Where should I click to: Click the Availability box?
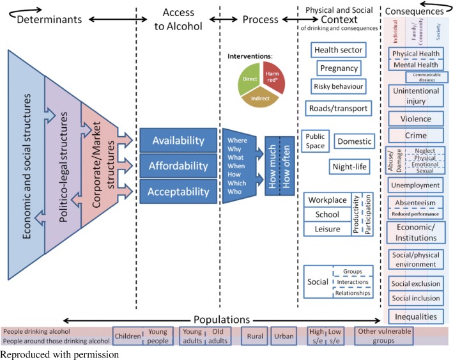[x=178, y=141]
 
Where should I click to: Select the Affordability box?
[x=178, y=166]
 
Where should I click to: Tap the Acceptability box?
[x=178, y=191]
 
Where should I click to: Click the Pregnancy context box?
[x=339, y=68]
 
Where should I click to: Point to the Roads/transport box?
[x=338, y=108]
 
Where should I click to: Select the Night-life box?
[x=349, y=167]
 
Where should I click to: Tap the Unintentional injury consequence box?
[x=415, y=97]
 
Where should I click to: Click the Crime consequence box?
[x=415, y=136]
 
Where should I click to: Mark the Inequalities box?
[x=415, y=316]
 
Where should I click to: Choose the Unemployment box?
[x=415, y=185]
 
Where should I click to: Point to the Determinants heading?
[x=49, y=19]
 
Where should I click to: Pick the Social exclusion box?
[x=415, y=283]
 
